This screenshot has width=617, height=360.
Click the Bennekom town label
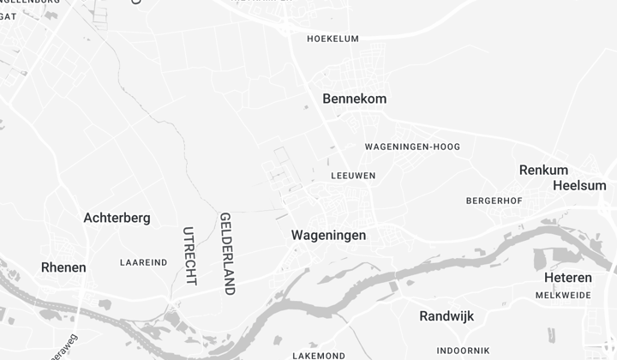pyautogui.click(x=354, y=99)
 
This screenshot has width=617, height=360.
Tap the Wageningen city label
pyautogui.click(x=328, y=235)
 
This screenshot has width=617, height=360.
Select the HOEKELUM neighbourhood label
pyautogui.click(x=332, y=39)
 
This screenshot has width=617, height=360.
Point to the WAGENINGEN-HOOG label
pyautogui.click(x=412, y=147)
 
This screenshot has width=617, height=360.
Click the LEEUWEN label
pyautogui.click(x=353, y=176)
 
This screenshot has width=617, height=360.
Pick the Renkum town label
pyautogui.click(x=543, y=170)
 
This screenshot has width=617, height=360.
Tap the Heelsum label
pyautogui.click(x=579, y=185)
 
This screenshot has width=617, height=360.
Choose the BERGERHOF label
pyautogui.click(x=494, y=201)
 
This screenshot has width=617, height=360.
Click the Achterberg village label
pyautogui.click(x=117, y=218)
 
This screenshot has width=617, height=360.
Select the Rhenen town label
pyautogui.click(x=63, y=267)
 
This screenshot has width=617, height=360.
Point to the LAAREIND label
pyautogui.click(x=144, y=262)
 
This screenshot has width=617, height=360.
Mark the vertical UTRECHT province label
pyautogui.click(x=189, y=255)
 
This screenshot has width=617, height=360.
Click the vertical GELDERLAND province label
pyautogui.click(x=227, y=254)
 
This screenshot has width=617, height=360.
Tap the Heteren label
pyautogui.click(x=567, y=278)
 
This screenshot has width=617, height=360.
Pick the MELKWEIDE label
pyautogui.click(x=563, y=295)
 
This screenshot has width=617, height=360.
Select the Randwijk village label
pyautogui.click(x=446, y=316)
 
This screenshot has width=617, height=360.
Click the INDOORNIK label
pyautogui.click(x=463, y=351)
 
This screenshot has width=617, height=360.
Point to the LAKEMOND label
pyautogui.click(x=319, y=355)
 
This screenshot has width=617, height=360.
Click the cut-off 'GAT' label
pyautogui.click(x=8, y=16)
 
